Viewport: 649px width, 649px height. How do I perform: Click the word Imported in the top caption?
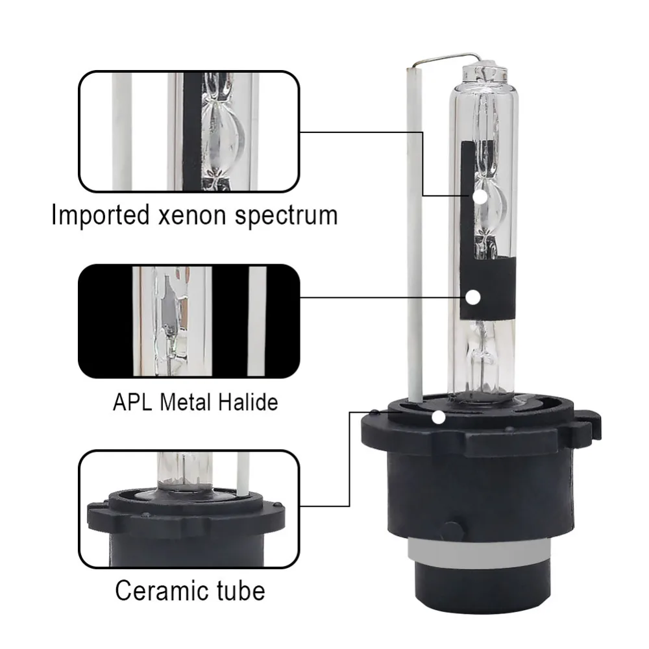pyautogui.click(x=100, y=215)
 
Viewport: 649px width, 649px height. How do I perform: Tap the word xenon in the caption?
pyautogui.click(x=192, y=215)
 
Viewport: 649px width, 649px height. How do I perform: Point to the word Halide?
pyautogui.click(x=248, y=402)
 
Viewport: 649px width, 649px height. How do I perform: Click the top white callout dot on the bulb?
pyautogui.click(x=480, y=197)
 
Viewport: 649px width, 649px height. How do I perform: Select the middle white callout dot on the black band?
pyautogui.click(x=472, y=297)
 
